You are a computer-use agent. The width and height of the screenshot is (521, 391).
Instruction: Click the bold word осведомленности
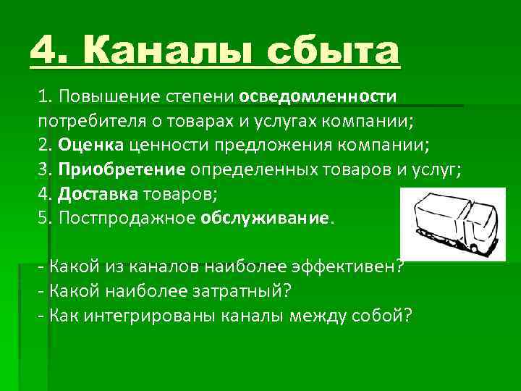click(x=318, y=97)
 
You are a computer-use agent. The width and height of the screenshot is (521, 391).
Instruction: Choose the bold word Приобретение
click(x=123, y=169)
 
